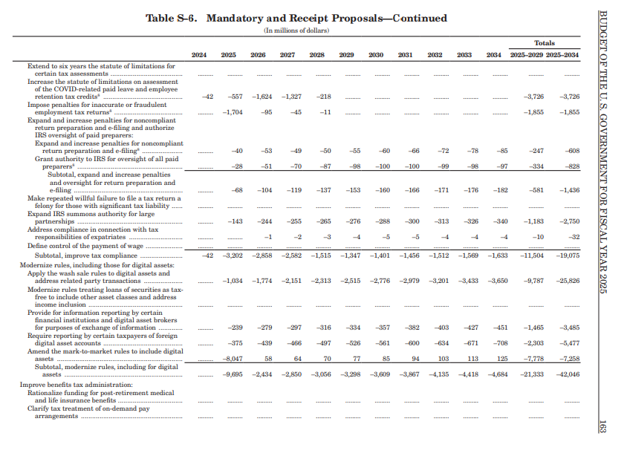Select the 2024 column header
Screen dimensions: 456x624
point(199,55)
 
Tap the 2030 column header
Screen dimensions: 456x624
point(376,55)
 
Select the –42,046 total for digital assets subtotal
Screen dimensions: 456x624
point(568,374)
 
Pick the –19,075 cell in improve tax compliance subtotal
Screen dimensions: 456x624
point(568,255)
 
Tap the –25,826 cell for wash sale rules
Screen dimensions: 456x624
point(568,281)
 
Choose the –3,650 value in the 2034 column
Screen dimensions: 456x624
point(497,281)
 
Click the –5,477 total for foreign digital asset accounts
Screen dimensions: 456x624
point(568,342)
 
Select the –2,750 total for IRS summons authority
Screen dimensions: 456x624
point(568,221)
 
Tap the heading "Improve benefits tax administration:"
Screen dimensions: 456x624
point(76,385)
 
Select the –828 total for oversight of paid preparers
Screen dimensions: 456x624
point(570,166)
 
